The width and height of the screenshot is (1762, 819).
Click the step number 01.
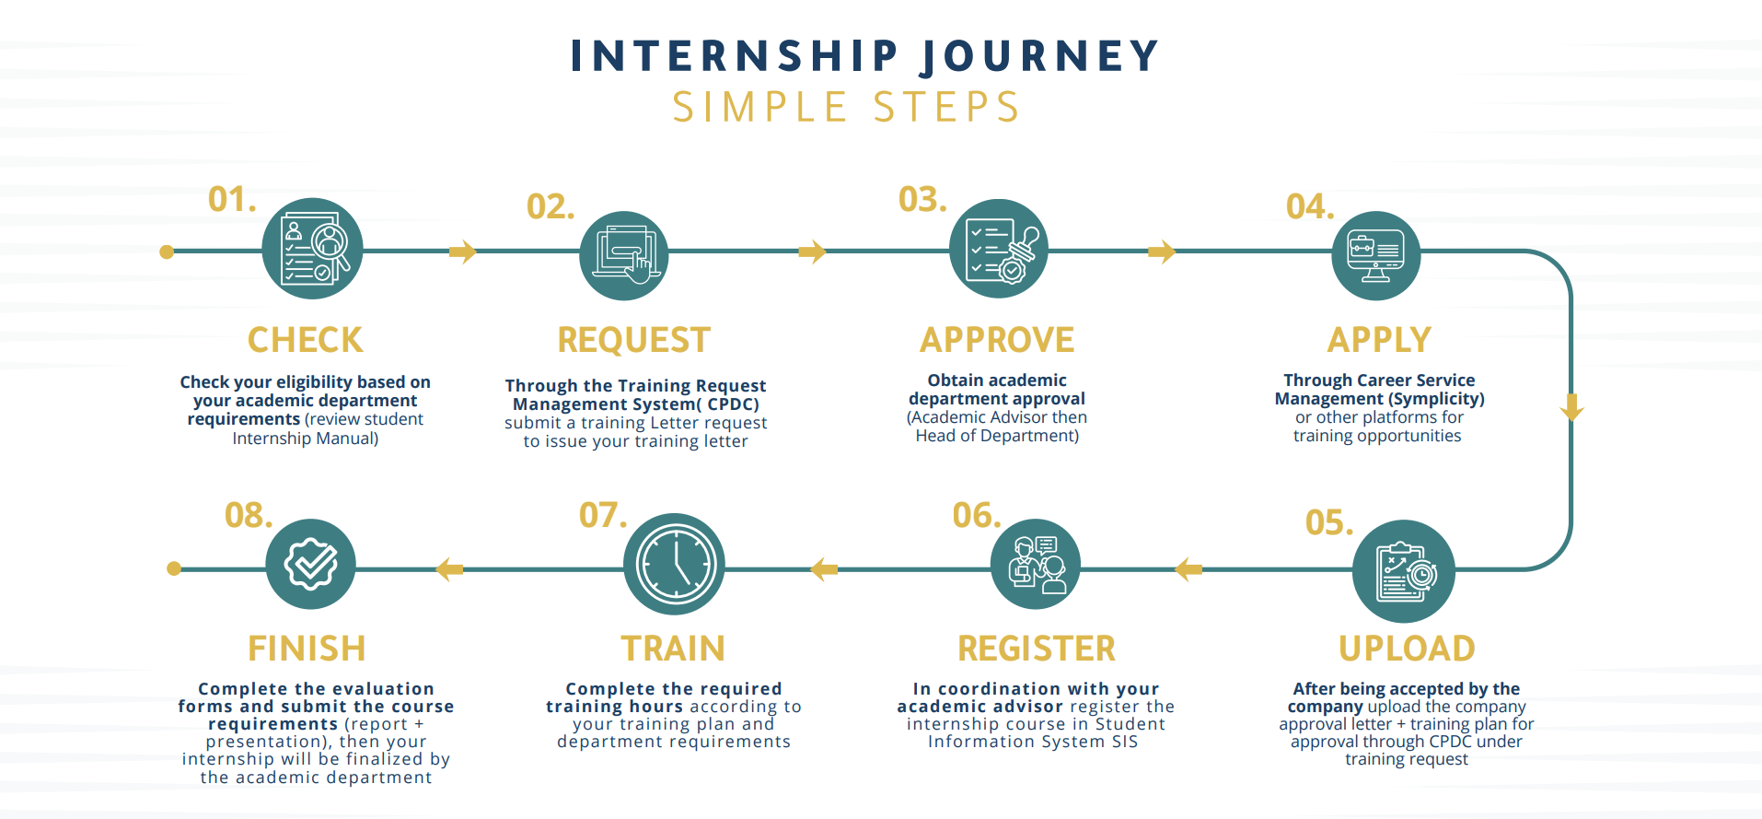(231, 199)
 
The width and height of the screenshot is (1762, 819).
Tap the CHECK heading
(305, 340)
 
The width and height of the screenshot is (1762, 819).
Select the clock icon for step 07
(674, 564)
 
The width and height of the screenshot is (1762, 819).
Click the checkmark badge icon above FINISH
(310, 564)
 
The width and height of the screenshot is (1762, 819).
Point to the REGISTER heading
(1036, 649)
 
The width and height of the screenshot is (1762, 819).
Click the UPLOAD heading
(1406, 649)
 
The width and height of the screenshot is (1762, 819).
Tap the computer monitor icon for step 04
(1375, 255)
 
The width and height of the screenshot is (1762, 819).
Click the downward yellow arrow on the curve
(1571, 406)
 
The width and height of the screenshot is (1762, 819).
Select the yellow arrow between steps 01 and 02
(462, 252)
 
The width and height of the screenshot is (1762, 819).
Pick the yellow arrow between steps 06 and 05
(1188, 569)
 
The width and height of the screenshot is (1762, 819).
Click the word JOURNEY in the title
(1040, 56)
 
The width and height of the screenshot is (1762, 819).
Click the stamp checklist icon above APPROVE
(998, 249)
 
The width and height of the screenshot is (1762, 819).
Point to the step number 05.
(1328, 522)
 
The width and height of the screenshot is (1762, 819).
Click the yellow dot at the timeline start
(167, 252)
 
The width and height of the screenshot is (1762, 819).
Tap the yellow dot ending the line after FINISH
(174, 568)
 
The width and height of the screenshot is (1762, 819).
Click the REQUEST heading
(633, 340)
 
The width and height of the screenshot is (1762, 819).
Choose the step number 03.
(922, 199)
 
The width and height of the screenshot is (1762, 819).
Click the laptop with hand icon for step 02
(623, 255)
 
